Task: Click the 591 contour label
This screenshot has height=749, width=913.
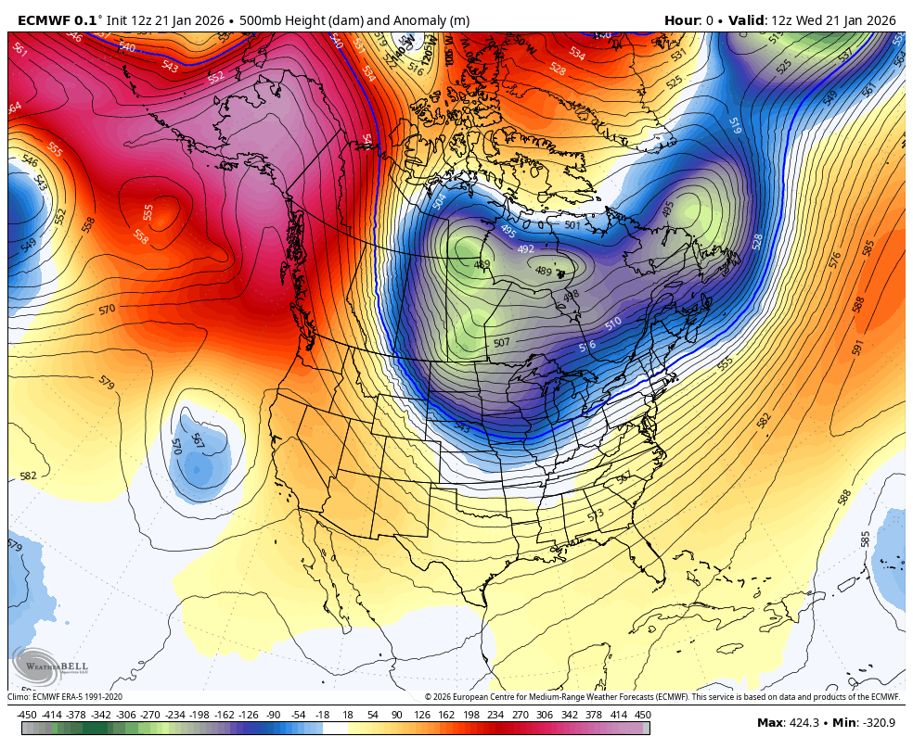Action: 858,347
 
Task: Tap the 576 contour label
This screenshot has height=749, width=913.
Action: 834,259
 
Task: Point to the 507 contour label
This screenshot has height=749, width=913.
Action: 501,343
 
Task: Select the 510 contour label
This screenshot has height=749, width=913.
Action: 613,324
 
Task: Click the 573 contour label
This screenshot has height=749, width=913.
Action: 596,514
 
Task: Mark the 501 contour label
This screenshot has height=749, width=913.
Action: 572,225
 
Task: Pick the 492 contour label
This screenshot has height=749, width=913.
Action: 526,248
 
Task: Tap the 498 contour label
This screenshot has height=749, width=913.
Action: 571,296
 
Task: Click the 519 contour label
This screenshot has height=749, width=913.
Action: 735,126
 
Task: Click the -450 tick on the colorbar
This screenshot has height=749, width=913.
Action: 27,715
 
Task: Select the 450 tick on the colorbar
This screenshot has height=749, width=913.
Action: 642,715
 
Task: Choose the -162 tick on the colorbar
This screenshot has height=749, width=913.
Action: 224,715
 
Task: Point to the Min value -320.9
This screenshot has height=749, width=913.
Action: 876,723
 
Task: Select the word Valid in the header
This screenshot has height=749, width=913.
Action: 744,20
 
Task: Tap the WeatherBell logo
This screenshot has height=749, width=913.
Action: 38,666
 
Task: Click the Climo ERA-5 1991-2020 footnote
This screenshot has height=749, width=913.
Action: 65,697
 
